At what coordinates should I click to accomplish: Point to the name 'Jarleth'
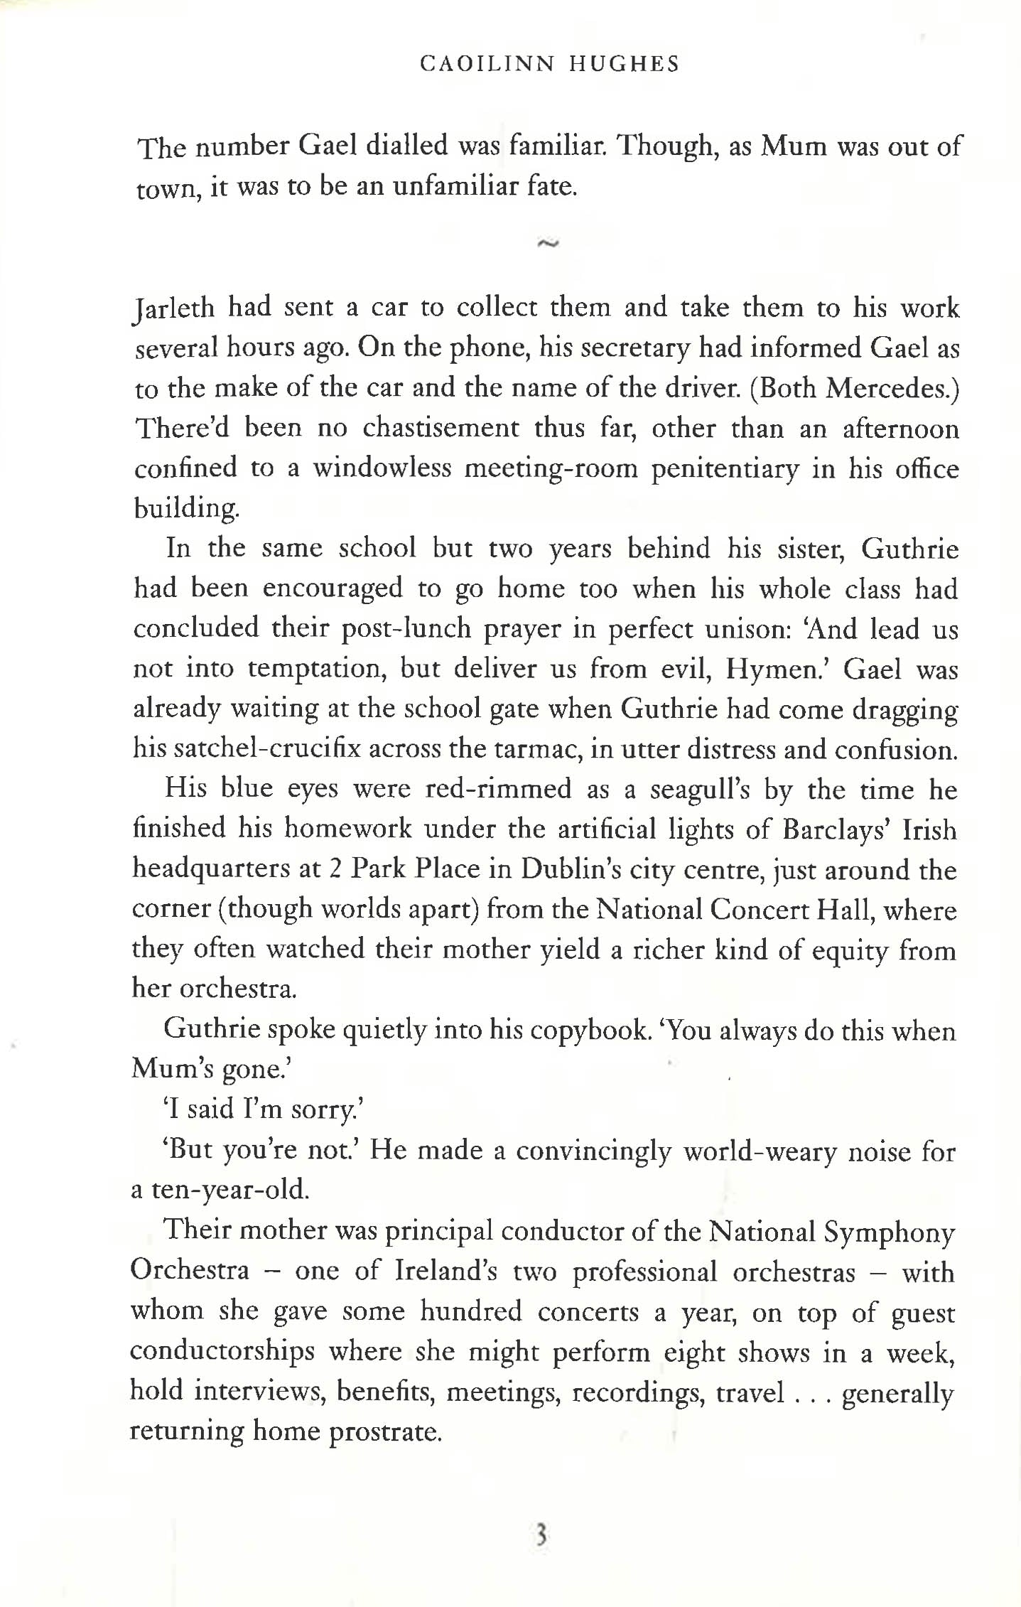coord(174,308)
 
